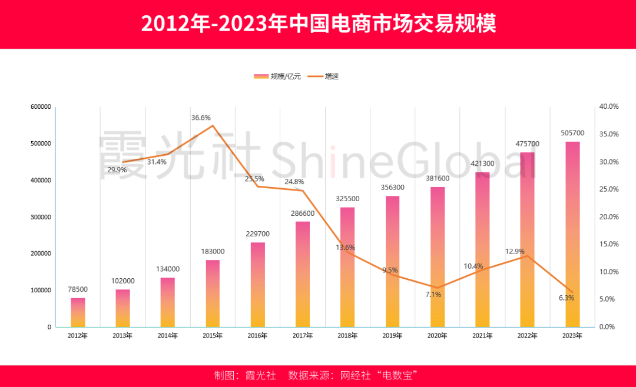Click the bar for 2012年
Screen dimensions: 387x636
click(x=78, y=312)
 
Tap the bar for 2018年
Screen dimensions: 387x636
click(x=347, y=267)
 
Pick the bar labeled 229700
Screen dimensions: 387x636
click(x=258, y=285)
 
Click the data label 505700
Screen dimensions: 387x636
click(x=572, y=133)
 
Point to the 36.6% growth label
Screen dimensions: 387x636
click(x=201, y=118)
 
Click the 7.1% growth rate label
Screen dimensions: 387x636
click(x=433, y=294)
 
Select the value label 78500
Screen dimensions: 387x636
click(x=78, y=289)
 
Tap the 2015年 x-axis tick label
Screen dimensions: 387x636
click(x=213, y=336)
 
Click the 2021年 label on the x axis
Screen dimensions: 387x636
click(x=482, y=336)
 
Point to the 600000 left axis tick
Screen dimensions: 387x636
click(x=41, y=107)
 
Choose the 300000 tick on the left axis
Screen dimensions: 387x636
click(x=41, y=217)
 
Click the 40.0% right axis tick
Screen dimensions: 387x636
click(x=609, y=106)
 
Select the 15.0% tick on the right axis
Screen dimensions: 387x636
click(x=609, y=244)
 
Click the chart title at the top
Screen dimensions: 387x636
click(x=318, y=24)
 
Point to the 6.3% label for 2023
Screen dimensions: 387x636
click(x=566, y=298)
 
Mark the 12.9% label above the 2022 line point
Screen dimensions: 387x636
click(x=515, y=252)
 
